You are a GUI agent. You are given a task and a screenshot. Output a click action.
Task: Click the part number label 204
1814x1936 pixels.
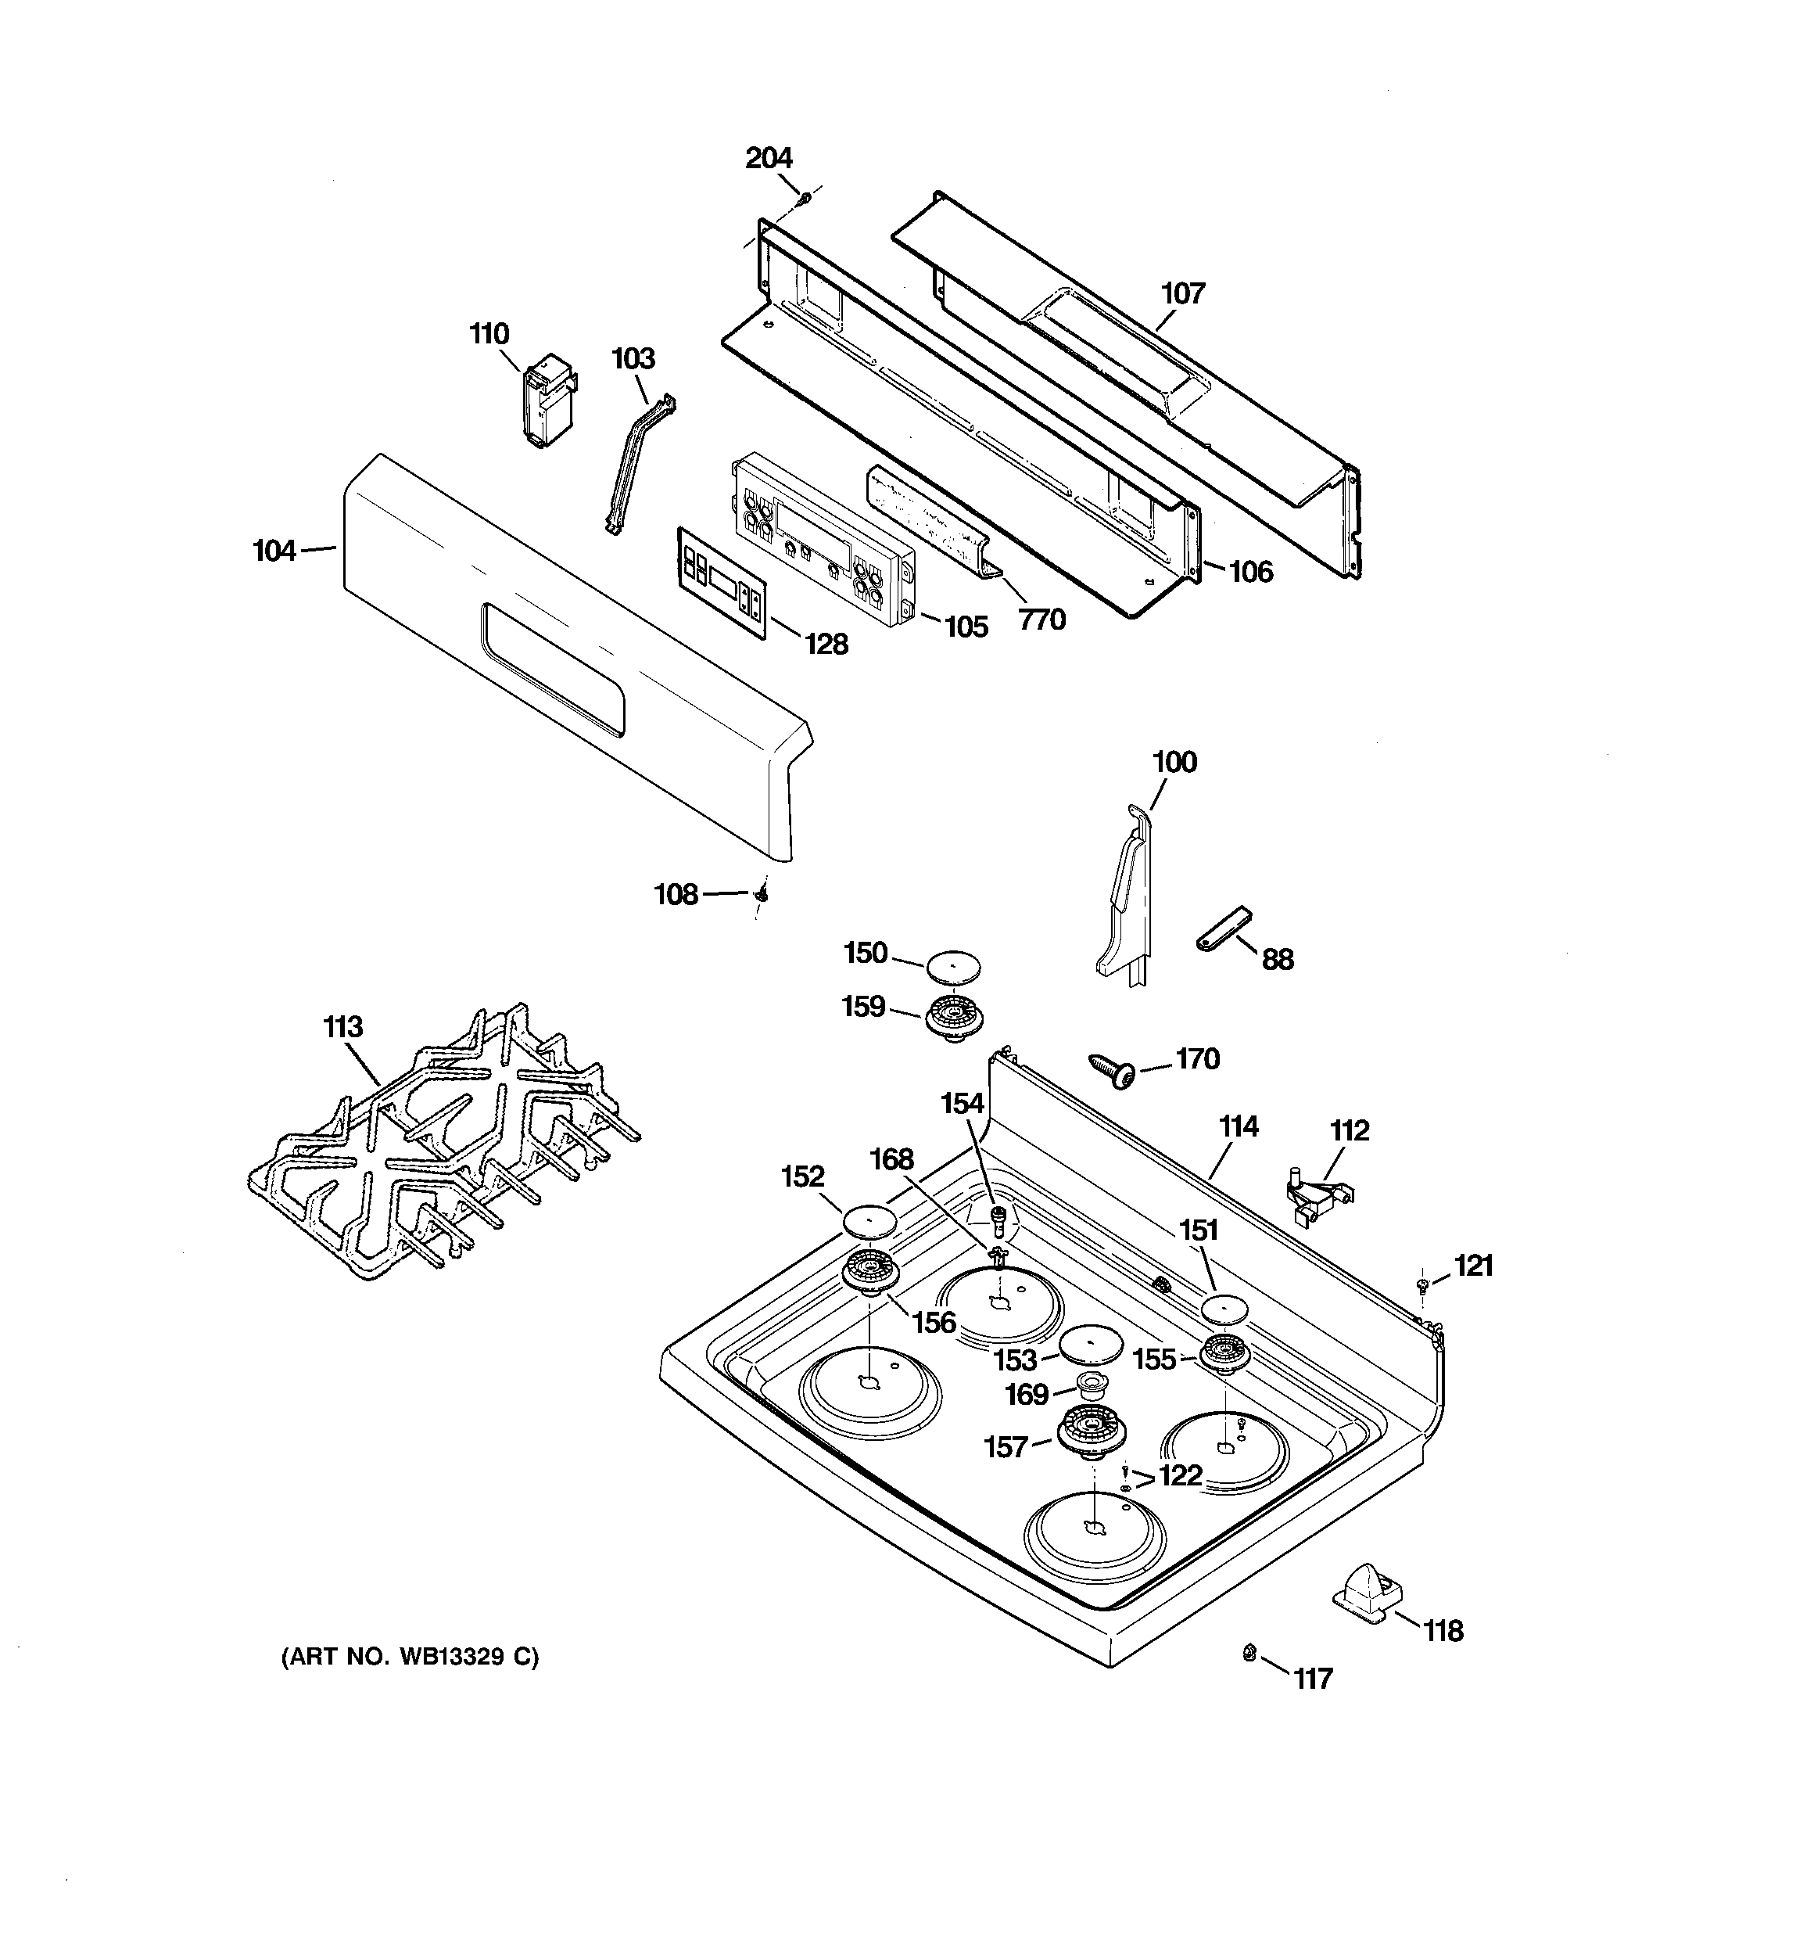tap(769, 158)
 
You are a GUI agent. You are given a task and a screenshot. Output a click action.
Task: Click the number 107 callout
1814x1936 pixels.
tap(1183, 293)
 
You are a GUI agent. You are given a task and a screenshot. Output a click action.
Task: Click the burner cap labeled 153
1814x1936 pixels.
tap(1092, 1345)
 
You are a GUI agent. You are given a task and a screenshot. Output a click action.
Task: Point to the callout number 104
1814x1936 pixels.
tap(274, 551)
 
